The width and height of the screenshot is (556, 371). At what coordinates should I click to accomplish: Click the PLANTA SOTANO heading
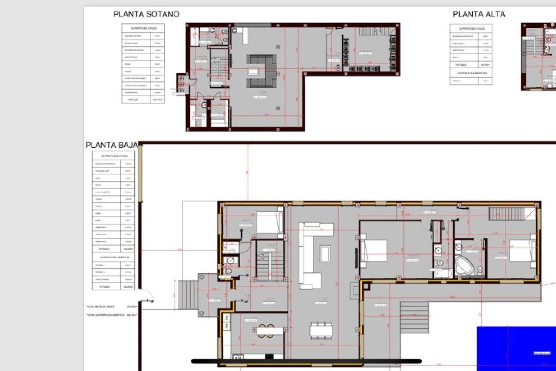146,14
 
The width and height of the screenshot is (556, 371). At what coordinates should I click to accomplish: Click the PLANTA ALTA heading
478,14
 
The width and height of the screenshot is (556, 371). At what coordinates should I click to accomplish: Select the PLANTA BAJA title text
112,145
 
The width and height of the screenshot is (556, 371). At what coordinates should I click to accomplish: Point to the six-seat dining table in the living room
321,330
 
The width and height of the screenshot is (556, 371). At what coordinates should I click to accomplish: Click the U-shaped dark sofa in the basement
261,71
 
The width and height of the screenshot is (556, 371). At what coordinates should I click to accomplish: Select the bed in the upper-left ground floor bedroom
269,222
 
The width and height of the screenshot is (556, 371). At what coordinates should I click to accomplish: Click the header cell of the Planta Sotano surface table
143,28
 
